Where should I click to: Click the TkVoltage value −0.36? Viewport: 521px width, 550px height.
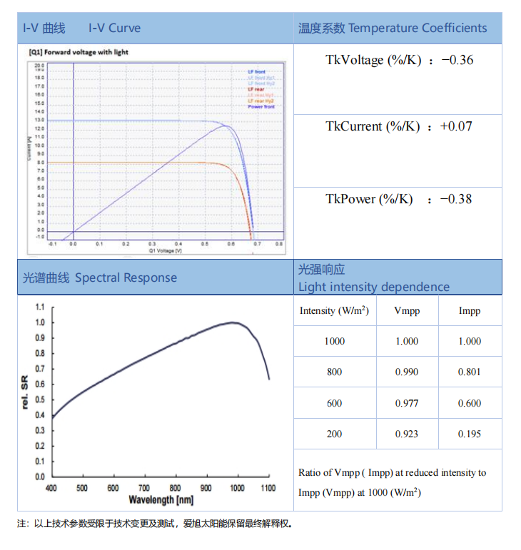457,60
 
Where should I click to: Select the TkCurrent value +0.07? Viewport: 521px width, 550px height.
455,126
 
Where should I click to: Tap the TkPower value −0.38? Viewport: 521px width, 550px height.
457,199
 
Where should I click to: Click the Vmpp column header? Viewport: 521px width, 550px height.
407,311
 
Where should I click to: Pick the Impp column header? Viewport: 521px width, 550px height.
470,311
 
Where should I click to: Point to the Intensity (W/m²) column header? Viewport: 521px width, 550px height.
334,310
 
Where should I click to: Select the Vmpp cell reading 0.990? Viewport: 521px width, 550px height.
407,372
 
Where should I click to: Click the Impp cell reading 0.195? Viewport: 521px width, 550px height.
470,434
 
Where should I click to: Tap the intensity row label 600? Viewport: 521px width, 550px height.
334,403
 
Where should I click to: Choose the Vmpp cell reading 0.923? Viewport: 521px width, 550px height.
407,434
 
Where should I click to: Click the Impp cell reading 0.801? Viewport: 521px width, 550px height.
470,372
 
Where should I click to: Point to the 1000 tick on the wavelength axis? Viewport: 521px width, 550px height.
237,488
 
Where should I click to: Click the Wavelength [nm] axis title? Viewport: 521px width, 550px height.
161,500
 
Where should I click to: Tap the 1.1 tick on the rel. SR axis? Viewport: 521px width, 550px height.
40,307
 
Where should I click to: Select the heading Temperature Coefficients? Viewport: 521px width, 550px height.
418,29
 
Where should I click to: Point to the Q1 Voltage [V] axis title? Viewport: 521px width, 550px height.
166,251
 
